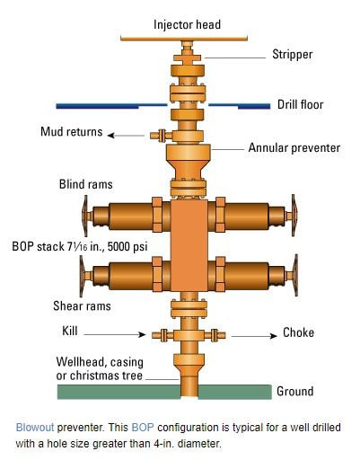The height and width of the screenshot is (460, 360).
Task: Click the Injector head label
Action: [x=187, y=24]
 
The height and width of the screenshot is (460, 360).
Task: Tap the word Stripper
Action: [x=293, y=55]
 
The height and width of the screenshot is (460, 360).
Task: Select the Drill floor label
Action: [x=301, y=104]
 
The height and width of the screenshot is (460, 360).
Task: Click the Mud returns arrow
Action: [x=126, y=136]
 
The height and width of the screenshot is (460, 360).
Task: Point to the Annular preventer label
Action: [x=294, y=147]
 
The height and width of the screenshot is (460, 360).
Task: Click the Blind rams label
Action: [x=86, y=184]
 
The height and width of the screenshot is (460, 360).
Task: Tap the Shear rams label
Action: [x=82, y=305]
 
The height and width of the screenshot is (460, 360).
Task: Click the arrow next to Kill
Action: [x=115, y=334]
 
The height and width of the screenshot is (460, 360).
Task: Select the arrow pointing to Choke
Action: [x=254, y=336]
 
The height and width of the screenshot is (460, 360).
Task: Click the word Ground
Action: [x=295, y=392]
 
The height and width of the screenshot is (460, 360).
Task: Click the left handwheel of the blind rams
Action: [x=85, y=216]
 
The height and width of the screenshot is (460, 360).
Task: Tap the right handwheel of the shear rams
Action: [x=295, y=276]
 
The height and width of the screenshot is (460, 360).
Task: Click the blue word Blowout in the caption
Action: [x=35, y=427]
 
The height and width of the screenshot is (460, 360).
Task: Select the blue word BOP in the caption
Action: [x=143, y=427]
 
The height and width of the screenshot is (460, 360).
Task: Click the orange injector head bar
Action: [x=184, y=39]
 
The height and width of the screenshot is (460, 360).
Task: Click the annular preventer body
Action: [x=188, y=162]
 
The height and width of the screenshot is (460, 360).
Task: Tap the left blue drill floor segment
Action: [x=111, y=106]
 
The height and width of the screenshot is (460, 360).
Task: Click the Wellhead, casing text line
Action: [x=100, y=362]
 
